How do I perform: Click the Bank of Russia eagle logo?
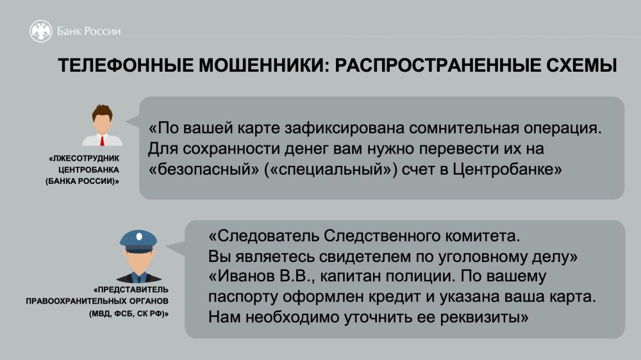click(x=41, y=31)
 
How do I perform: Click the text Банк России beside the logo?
click(x=88, y=31)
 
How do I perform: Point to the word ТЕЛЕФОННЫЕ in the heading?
click(x=126, y=65)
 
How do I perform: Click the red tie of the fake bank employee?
click(x=102, y=140)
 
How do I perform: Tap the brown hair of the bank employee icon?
click(x=102, y=112)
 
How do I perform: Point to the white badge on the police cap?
click(x=139, y=236)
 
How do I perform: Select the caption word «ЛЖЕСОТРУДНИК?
click(x=84, y=158)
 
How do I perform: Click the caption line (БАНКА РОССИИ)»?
click(x=82, y=181)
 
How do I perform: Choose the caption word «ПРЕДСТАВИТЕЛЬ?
click(x=131, y=290)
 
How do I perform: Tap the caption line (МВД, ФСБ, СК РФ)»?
click(x=129, y=314)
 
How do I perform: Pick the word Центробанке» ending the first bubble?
click(x=507, y=168)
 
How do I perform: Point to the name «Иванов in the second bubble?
click(x=242, y=276)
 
